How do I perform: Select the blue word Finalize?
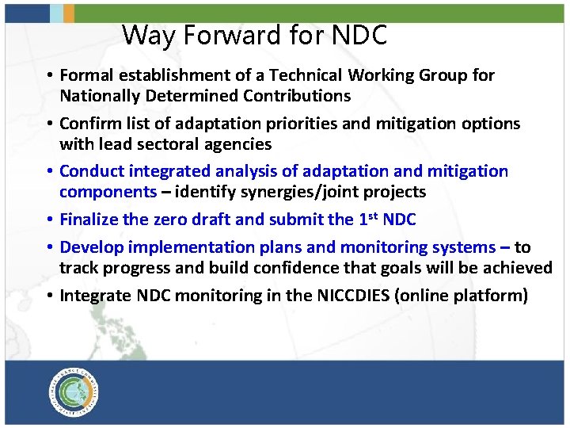[x=88, y=220]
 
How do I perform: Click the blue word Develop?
[x=89, y=247]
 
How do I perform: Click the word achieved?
[x=517, y=268]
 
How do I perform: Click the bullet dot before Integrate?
[x=49, y=296]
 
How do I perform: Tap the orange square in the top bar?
[x=69, y=12]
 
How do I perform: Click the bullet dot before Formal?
[x=49, y=77]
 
